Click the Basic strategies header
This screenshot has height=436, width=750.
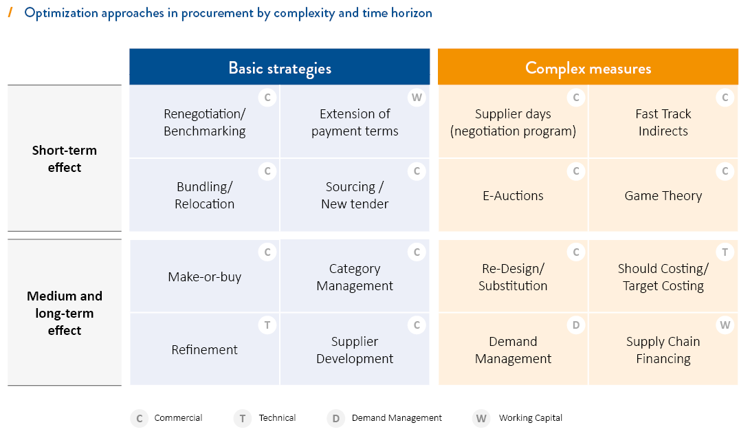click(280, 68)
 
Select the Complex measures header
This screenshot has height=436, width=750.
click(588, 68)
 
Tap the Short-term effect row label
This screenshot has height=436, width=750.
click(65, 159)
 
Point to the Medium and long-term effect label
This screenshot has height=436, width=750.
click(65, 313)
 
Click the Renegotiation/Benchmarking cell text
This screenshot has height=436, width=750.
click(205, 122)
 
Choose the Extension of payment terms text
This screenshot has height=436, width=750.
click(355, 122)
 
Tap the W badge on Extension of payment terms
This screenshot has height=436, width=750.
click(417, 98)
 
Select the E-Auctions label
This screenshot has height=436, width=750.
click(514, 196)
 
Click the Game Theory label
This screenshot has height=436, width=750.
click(663, 196)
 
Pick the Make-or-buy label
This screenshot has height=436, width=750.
click(205, 277)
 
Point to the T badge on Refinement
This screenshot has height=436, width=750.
click(267, 325)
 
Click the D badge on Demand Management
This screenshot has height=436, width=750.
click(576, 325)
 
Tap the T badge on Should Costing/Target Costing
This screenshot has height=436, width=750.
click(725, 252)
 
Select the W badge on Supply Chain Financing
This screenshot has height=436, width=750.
click(725, 325)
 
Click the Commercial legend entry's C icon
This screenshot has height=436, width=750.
click(139, 419)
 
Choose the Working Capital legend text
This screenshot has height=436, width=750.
click(531, 418)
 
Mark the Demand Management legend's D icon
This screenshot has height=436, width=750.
click(335, 419)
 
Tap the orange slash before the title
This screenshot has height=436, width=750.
click(10, 12)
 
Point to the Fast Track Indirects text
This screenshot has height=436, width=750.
click(663, 122)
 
